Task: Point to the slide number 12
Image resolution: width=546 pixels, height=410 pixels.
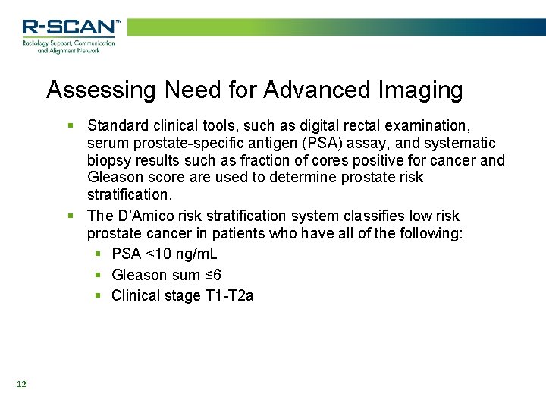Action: tap(21, 384)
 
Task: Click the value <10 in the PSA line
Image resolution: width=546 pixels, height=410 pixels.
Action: tap(160, 254)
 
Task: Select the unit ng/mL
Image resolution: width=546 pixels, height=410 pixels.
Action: tap(196, 254)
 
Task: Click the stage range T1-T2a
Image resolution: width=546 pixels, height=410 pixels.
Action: tap(229, 296)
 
